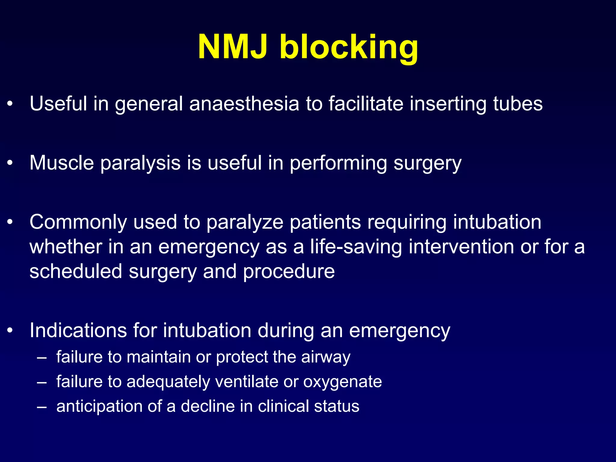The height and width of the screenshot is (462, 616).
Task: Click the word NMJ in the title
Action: [x=232, y=47]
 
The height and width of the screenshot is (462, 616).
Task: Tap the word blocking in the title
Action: [x=349, y=48]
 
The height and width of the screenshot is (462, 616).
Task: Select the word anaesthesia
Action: [x=244, y=104]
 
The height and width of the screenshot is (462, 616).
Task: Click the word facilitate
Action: [x=366, y=104]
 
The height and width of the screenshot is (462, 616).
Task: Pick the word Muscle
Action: [x=62, y=163]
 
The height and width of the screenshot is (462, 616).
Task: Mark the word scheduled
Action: [x=75, y=271]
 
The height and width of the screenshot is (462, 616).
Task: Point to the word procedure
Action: [x=289, y=272]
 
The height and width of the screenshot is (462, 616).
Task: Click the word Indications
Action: [x=78, y=331]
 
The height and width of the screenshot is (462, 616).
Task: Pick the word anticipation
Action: [x=99, y=407]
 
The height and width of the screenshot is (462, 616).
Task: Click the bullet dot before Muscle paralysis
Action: [x=10, y=163]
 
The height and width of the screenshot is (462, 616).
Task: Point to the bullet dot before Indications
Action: [x=10, y=331]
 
